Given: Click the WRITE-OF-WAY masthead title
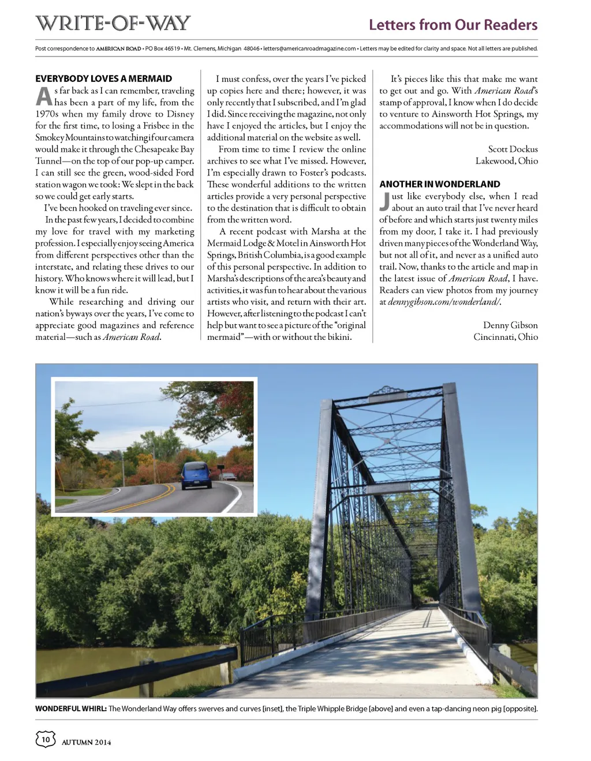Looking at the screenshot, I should [x=113, y=23].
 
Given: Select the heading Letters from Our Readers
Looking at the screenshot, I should [x=453, y=25].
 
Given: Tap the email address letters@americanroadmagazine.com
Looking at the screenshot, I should [x=309, y=48].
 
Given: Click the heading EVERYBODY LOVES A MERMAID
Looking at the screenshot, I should [x=104, y=78].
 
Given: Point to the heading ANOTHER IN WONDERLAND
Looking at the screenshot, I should [x=440, y=184].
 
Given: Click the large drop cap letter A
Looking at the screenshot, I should [x=44, y=97].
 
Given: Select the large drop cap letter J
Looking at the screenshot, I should [x=384, y=202].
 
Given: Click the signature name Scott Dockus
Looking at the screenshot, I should [x=513, y=149].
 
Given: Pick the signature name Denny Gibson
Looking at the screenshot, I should [x=510, y=325].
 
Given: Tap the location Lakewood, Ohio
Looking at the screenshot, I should [x=506, y=161].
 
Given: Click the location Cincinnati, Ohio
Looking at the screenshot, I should [x=506, y=337].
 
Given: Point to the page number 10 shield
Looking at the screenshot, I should [x=46, y=739].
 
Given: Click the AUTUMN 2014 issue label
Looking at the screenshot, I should [x=87, y=742].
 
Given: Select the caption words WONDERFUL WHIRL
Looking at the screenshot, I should [x=70, y=708].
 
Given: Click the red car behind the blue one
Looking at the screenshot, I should [x=229, y=477].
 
